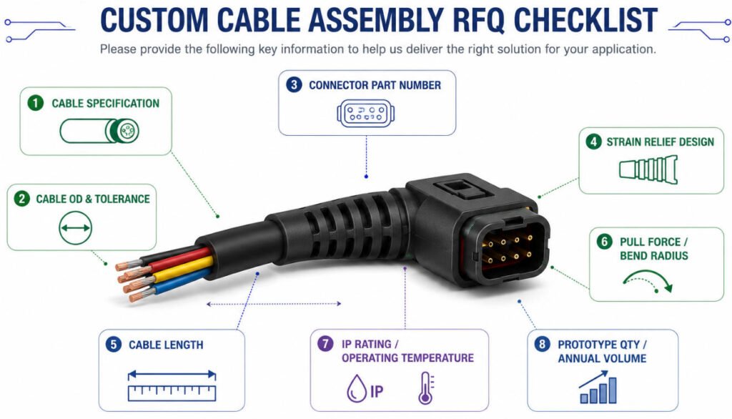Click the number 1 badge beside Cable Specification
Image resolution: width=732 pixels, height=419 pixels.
36,103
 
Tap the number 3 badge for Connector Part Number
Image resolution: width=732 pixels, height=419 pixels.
294,84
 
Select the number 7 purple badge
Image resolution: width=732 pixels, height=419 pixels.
325,344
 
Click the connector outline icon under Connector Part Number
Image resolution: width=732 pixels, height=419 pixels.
365,113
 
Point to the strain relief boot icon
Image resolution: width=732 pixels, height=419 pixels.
648,169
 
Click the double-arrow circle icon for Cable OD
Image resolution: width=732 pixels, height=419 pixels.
75,228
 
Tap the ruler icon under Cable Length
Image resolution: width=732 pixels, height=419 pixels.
172,386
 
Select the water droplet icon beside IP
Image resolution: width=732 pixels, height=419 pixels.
356,389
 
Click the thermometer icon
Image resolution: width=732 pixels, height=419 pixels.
426,388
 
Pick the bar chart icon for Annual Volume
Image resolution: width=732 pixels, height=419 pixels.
598,388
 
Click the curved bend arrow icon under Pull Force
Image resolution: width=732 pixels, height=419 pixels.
648,280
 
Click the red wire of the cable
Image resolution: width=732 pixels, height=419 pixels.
177,258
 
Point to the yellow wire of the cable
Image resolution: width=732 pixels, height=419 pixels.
183,269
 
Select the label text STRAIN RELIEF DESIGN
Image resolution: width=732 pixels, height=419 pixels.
660,142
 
